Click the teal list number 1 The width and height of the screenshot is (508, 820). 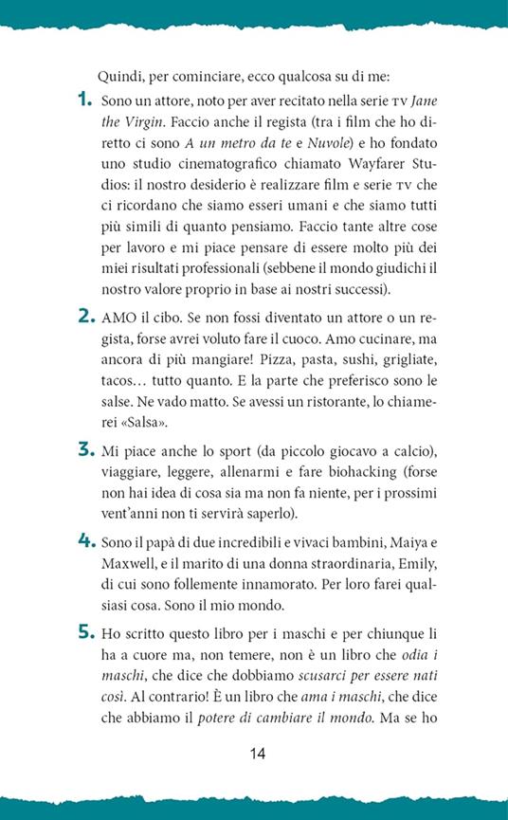[x=82, y=99]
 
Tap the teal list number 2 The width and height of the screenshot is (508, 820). [x=83, y=319]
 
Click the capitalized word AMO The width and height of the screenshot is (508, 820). [x=118, y=319]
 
